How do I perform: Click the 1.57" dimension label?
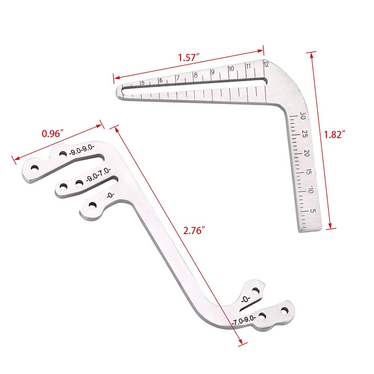pyautogui.click(x=188, y=58)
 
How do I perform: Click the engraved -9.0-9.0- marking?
pyautogui.click(x=82, y=151)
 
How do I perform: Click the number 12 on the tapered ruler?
pyautogui.click(x=266, y=64)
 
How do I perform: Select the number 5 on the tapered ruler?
pyautogui.click(x=142, y=83)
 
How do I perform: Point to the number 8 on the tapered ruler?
pyautogui.click(x=195, y=75)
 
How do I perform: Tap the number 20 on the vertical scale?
pyautogui.click(x=307, y=153)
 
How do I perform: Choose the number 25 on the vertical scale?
pyautogui.click(x=305, y=134)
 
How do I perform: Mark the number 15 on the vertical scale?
pyautogui.click(x=309, y=173)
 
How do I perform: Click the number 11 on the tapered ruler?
pyautogui.click(x=248, y=66)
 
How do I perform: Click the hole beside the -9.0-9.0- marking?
pyautogui.click(x=63, y=154)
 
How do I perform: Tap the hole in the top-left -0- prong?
pyautogui.click(x=92, y=205)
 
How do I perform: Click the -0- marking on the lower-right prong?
pyautogui.click(x=245, y=300)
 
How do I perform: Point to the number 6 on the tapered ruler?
pyautogui.click(x=160, y=80)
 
